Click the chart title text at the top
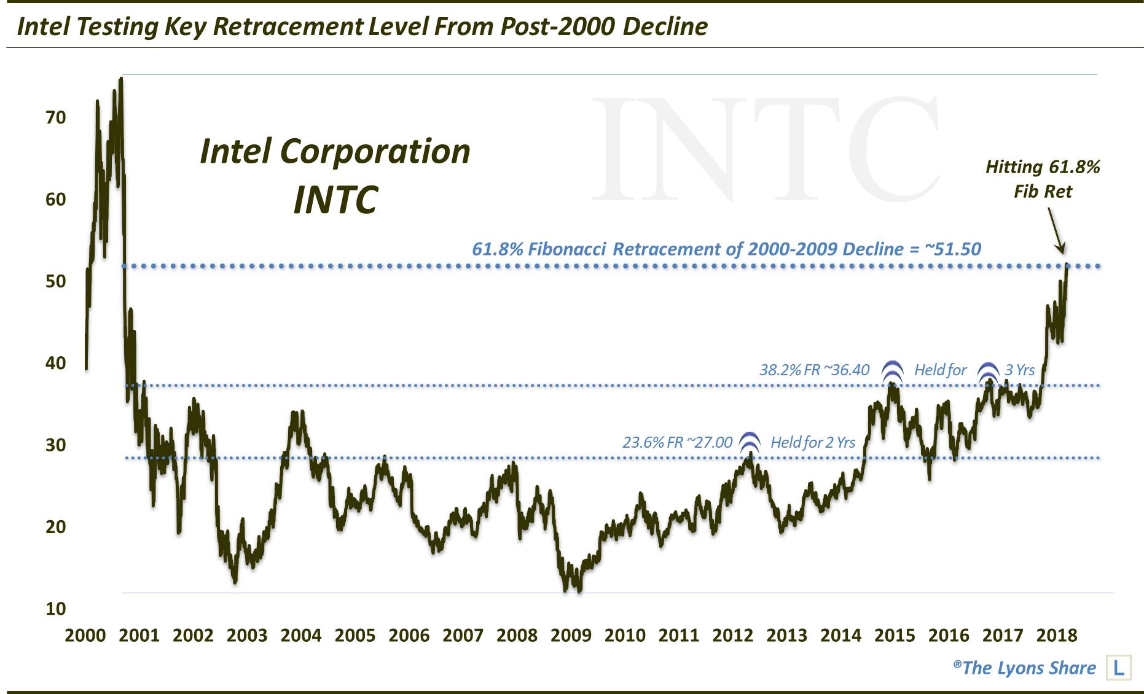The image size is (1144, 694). [362, 26]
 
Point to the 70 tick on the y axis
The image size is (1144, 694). [55, 117]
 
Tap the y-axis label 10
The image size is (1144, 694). [55, 609]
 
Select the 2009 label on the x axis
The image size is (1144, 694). [571, 635]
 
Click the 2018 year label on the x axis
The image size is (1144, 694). [1056, 635]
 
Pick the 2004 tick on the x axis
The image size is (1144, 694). [301, 635]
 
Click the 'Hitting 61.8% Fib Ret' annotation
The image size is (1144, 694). [1043, 179]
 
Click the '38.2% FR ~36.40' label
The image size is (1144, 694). [814, 370]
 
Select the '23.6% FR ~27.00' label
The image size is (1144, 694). [677, 442]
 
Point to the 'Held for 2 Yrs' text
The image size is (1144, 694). [812, 442]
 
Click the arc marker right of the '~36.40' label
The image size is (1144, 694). [892, 370]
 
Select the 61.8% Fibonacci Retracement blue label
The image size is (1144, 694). [726, 249]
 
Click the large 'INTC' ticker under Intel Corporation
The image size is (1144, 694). [335, 200]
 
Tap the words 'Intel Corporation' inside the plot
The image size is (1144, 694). [335, 151]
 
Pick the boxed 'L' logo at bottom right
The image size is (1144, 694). [1118, 668]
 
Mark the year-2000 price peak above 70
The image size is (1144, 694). [121, 79]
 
